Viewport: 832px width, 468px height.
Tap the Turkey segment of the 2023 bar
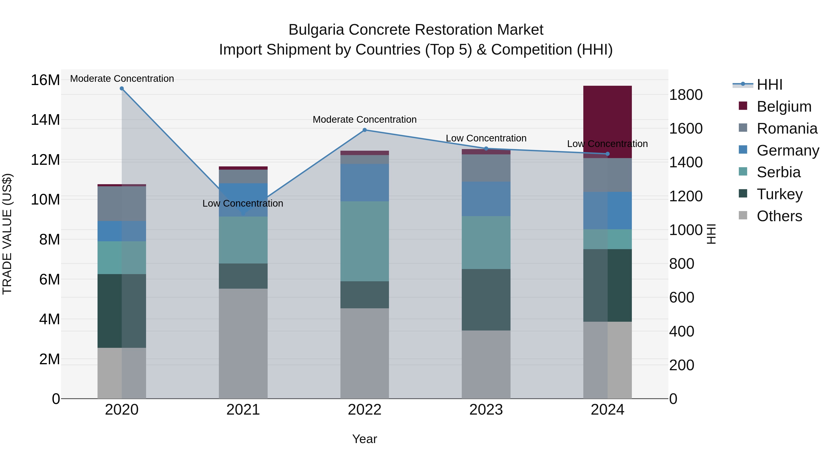[x=486, y=300]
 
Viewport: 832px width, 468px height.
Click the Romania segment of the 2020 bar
[x=122, y=203]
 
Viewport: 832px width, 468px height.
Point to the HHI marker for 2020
[x=122, y=89]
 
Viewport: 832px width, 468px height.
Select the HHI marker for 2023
[x=486, y=149]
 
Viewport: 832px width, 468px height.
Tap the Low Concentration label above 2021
[x=243, y=203]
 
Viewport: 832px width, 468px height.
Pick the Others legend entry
[x=779, y=216]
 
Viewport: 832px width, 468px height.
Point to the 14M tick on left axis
[x=45, y=120]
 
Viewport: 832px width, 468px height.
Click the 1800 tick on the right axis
[x=685, y=95]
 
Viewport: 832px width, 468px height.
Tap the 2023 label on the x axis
[x=486, y=410]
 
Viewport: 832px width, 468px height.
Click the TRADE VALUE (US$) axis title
[x=7, y=234]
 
